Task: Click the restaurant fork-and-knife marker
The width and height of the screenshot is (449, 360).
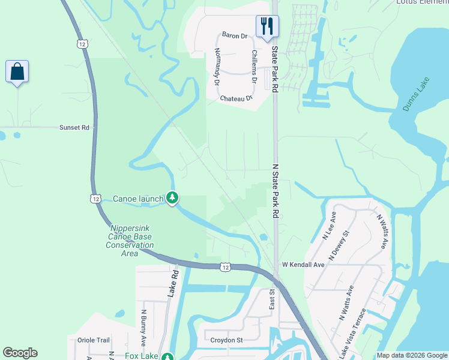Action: [x=267, y=26]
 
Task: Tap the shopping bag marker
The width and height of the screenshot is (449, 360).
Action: [x=17, y=72]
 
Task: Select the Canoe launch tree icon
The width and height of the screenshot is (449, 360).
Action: [x=172, y=198]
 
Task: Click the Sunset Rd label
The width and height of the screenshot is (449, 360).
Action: [x=74, y=128]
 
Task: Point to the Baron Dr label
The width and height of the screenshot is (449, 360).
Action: [x=235, y=36]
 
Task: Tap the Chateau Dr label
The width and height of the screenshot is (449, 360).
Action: [x=235, y=98]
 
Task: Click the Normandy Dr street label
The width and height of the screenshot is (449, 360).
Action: [x=217, y=66]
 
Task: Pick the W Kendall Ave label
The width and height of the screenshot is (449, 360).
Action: [x=303, y=265]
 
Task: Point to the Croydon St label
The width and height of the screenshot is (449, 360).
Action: [x=226, y=340]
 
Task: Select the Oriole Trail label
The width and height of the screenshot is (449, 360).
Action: [x=94, y=340]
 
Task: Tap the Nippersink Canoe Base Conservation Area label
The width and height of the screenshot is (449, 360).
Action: [x=131, y=241]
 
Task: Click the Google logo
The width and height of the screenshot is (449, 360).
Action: [x=20, y=353]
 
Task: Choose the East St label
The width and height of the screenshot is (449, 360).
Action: [x=272, y=299]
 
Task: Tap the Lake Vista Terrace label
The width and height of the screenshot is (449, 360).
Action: [x=354, y=334]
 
